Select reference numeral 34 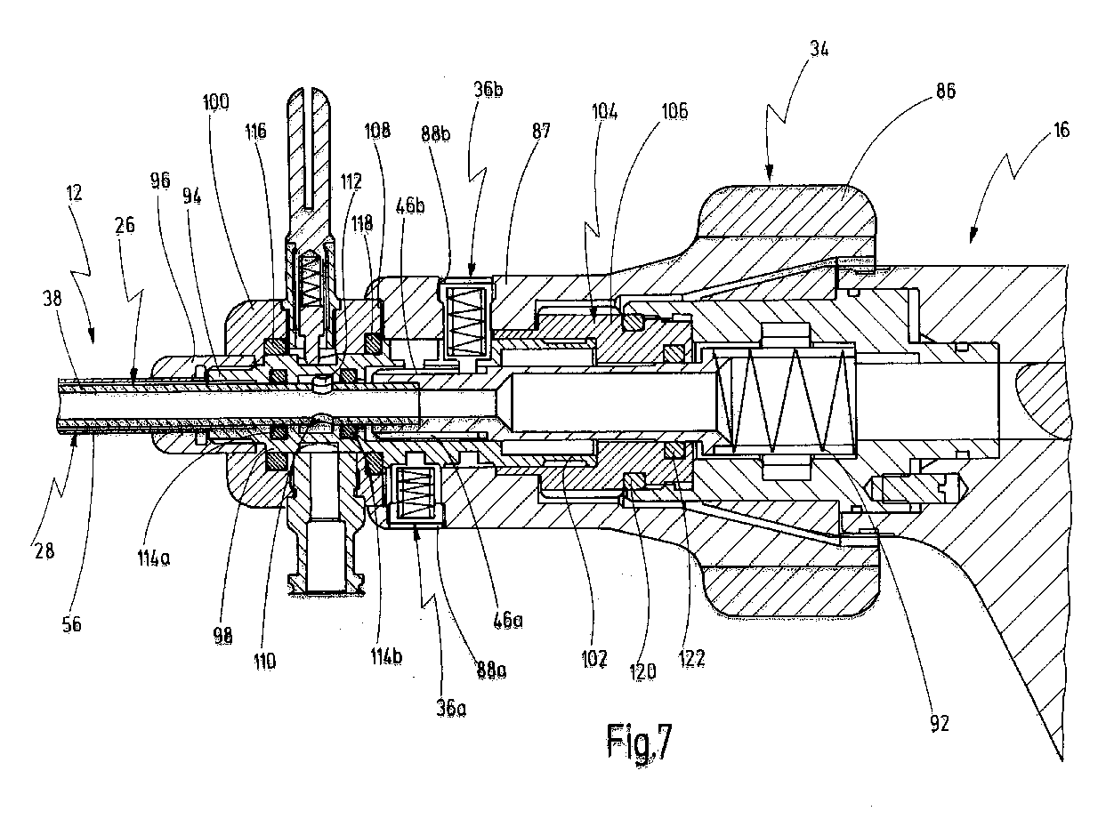click(819, 51)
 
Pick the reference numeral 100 click(215, 101)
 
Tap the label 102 click(594, 659)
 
